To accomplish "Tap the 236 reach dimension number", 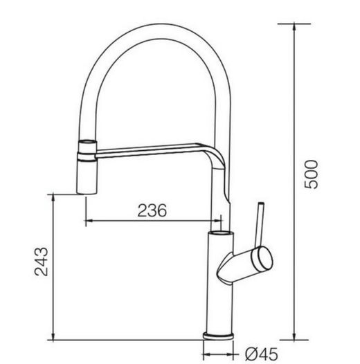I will (152, 211).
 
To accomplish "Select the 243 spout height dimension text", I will (41, 262).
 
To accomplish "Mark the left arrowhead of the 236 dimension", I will (89, 222).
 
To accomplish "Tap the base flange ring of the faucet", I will (219, 336).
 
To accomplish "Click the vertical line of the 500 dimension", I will (296, 180).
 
